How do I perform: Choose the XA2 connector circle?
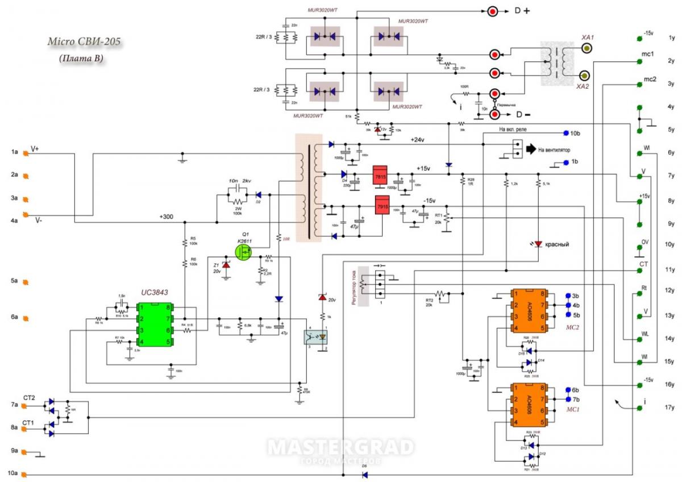(x=584, y=76)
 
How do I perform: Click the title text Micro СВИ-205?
(x=84, y=42)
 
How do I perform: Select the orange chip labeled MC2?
(x=528, y=311)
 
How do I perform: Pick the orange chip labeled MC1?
(x=528, y=405)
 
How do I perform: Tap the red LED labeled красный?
(x=538, y=244)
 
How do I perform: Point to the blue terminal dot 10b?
(x=565, y=133)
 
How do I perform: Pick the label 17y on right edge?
(x=671, y=407)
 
